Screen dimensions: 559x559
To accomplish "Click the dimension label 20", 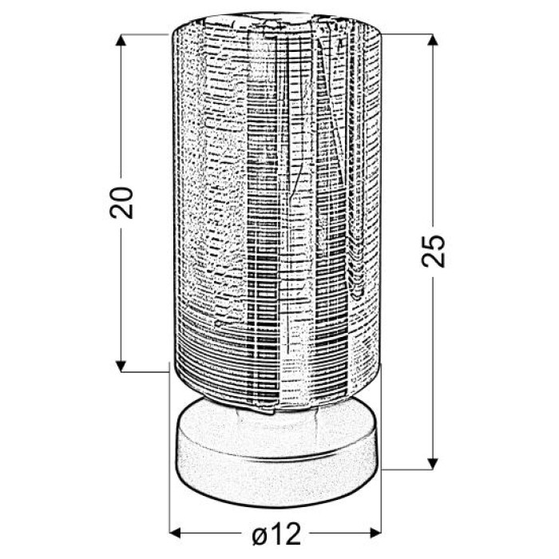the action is point(121,203).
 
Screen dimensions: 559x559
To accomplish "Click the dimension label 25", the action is point(433,252).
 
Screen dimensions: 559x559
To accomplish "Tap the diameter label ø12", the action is point(276,533).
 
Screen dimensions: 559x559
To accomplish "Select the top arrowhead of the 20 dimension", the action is point(121,40).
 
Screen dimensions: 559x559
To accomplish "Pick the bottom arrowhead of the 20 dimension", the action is point(121,366).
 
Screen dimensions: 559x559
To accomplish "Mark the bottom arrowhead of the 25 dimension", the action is point(433,463).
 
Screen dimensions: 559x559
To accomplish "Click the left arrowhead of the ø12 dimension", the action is point(176,533).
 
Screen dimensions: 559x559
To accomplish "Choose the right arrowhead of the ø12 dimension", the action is point(375,533).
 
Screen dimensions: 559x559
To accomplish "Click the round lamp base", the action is point(276,452).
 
